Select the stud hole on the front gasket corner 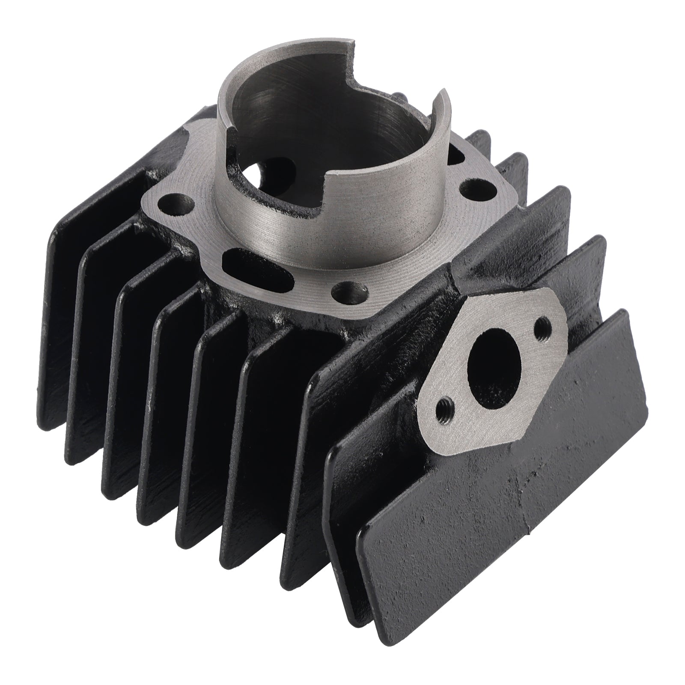coord(349,292)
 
